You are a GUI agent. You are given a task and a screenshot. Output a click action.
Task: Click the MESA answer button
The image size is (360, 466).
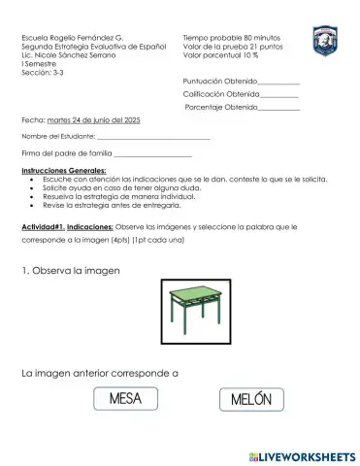[x=126, y=399]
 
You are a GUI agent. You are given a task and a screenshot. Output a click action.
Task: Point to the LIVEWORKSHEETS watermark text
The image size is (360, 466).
[x=302, y=453]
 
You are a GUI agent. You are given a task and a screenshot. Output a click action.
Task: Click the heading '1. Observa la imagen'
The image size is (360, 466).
[x=69, y=271]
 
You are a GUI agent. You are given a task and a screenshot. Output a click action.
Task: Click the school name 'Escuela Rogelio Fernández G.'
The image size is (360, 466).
[x=67, y=37]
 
